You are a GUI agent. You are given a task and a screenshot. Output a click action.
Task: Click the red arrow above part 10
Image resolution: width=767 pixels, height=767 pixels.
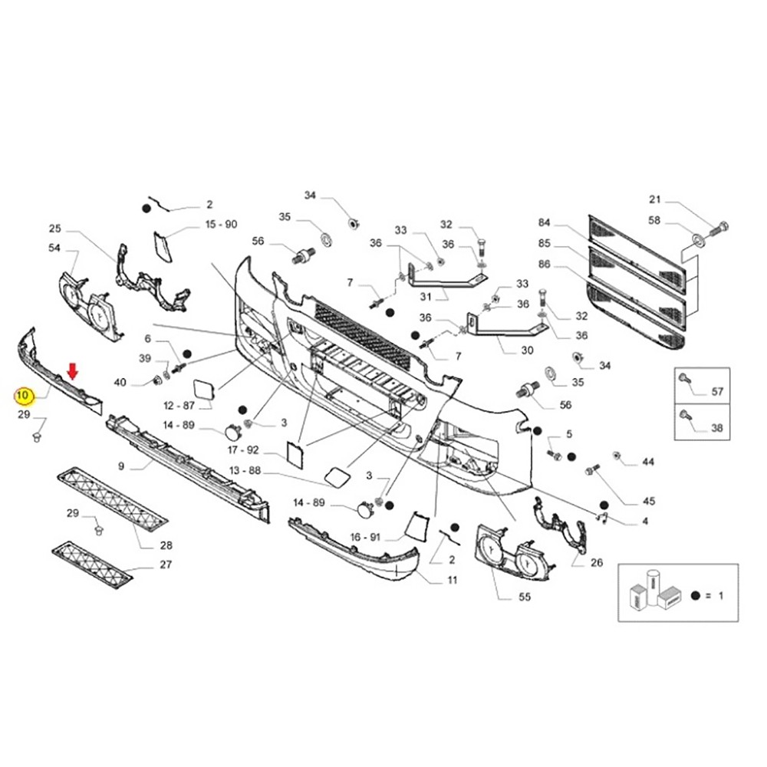[x=72, y=370]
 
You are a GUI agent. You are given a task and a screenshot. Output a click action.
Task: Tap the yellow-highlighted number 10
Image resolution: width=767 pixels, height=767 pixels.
[x=24, y=396]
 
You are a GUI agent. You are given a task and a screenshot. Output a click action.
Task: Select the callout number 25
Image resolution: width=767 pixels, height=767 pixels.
[x=54, y=229]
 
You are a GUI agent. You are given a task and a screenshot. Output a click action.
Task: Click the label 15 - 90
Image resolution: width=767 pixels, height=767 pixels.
[x=221, y=224]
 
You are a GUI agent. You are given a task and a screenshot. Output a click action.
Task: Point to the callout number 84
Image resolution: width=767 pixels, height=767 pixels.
[x=545, y=222]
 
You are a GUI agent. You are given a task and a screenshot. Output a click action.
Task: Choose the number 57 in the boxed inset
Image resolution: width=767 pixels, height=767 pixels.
[x=716, y=391]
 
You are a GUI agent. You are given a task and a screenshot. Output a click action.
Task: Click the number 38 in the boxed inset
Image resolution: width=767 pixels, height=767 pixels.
[x=716, y=428]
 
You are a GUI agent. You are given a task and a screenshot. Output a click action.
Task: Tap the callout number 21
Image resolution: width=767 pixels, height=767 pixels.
[x=655, y=199]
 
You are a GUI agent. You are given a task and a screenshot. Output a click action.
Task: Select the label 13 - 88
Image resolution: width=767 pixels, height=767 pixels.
[x=245, y=471]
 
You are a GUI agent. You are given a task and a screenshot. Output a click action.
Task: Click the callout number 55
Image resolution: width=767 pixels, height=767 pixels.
[x=525, y=596]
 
